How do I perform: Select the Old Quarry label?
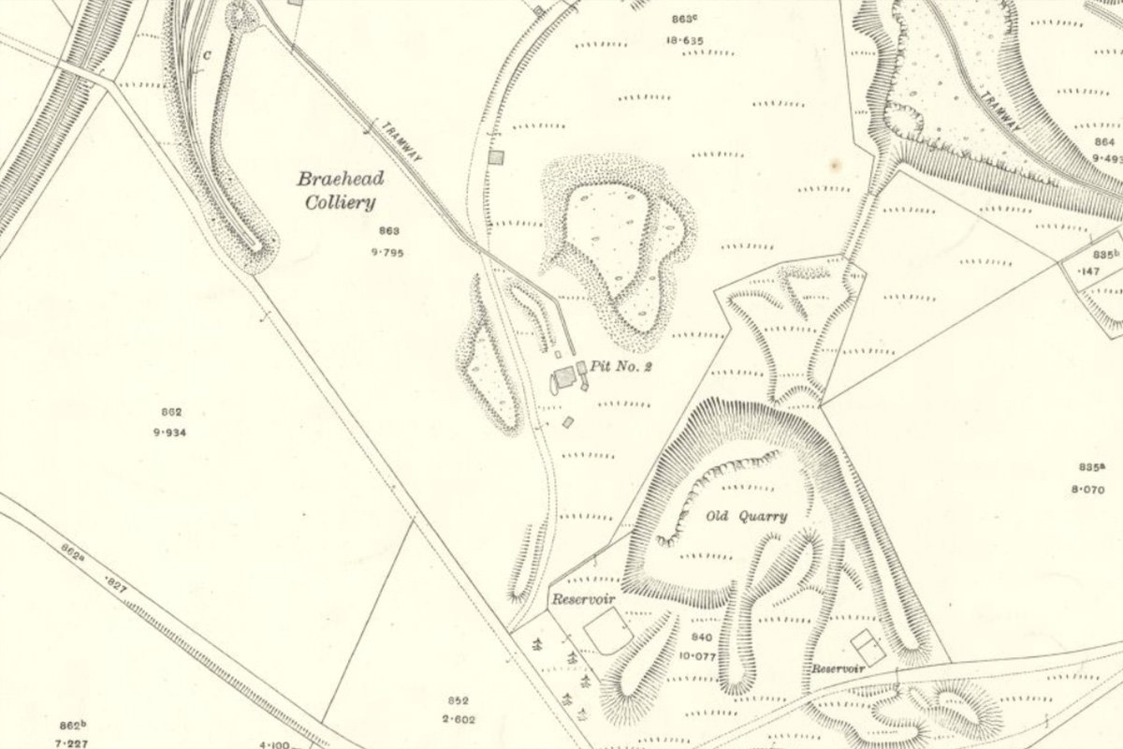click(x=746, y=516)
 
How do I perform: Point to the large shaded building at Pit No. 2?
click(x=565, y=378)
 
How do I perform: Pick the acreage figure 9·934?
click(x=169, y=432)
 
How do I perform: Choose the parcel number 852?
click(x=458, y=700)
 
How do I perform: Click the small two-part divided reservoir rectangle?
click(x=868, y=647)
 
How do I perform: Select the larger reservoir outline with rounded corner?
click(x=606, y=630)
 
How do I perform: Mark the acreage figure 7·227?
click(x=72, y=741)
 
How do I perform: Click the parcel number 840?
click(x=702, y=637)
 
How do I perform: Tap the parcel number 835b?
click(x=1105, y=254)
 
